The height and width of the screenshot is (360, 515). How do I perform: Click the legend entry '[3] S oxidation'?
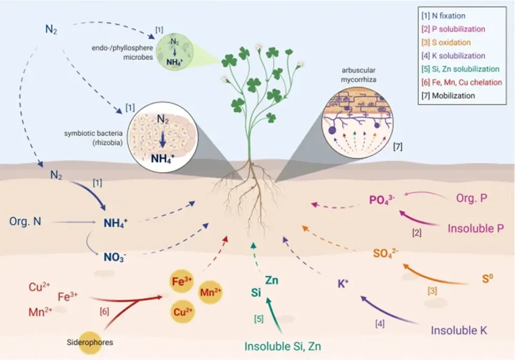(x=446, y=42)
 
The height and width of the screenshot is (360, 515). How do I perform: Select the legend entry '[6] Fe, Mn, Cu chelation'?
(x=462, y=82)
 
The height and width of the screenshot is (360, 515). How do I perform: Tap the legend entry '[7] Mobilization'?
(x=448, y=96)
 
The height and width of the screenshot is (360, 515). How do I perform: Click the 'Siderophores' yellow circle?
(x=90, y=342)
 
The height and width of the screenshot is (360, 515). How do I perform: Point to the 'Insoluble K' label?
(x=459, y=330)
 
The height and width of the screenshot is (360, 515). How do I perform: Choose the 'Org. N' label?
(x=25, y=221)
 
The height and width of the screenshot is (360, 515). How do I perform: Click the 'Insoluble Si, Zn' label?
(x=283, y=346)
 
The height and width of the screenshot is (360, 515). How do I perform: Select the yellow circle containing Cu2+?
(x=183, y=311)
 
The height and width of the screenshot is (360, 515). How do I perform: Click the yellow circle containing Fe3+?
(x=182, y=281)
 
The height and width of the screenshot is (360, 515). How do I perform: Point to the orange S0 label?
(x=487, y=279)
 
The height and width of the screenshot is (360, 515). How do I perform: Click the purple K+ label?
(x=343, y=284)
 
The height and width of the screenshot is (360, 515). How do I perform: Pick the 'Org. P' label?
(x=472, y=198)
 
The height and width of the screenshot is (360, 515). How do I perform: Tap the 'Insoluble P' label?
(x=476, y=228)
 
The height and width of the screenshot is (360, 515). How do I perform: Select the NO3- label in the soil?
(x=115, y=257)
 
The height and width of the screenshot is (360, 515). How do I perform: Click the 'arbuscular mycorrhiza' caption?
(x=358, y=75)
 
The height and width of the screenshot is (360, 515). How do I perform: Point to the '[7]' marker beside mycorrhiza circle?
(x=397, y=146)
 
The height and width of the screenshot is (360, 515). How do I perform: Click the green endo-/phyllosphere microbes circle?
(x=175, y=52)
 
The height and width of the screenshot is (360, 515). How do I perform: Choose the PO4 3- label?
(x=382, y=200)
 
